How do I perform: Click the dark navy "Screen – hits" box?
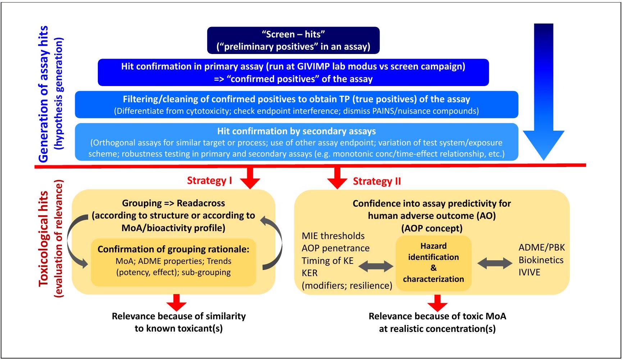pyautogui.click(x=293, y=40)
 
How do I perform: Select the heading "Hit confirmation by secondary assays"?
pyautogui.click(x=296, y=131)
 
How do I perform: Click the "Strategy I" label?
pyautogui.click(x=209, y=180)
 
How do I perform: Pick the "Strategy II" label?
pyautogui.click(x=377, y=181)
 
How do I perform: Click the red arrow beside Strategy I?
pyautogui.click(x=250, y=177)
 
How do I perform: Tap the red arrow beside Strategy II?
pyautogui.click(x=337, y=177)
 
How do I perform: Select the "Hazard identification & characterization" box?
pyautogui.click(x=433, y=263)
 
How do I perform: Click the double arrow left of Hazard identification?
pyautogui.click(x=376, y=266)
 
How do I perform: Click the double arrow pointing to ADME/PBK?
pyautogui.click(x=495, y=263)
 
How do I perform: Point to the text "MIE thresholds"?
pyautogui.click(x=333, y=236)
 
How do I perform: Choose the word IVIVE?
pyautogui.click(x=529, y=272)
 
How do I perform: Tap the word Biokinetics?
pyautogui.click(x=541, y=260)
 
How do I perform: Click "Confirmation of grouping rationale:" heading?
pyautogui.click(x=173, y=249)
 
